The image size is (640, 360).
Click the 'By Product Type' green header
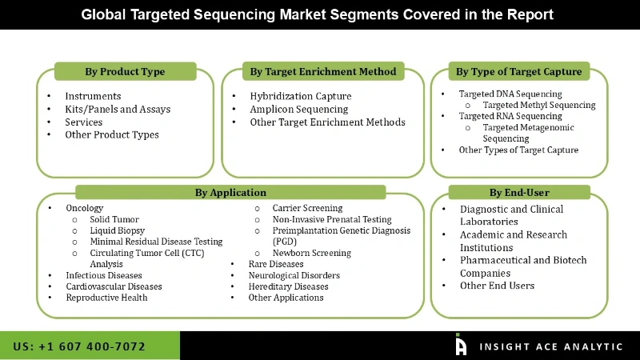point(125,72)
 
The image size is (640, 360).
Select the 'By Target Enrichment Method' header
point(322,72)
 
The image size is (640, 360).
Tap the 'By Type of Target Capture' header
point(519,72)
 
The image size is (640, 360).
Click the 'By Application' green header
point(230,192)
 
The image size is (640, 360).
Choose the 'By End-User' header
point(519,192)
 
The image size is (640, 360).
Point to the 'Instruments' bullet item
point(94,96)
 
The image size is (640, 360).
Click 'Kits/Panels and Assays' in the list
point(118,109)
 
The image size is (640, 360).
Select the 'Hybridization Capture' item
point(301,96)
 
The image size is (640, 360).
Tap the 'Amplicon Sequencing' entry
point(299,109)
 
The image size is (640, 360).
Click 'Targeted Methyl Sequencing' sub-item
point(539,105)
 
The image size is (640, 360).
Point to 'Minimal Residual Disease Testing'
point(156,242)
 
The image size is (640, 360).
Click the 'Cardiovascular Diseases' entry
point(114,286)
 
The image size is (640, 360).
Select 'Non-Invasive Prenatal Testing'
point(332,219)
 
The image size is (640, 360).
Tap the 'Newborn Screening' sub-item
point(311,253)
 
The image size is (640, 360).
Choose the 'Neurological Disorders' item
point(294,275)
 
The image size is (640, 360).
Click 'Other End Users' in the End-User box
point(497,286)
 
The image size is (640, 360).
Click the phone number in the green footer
point(80,346)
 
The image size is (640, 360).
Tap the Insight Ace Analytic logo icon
point(461,345)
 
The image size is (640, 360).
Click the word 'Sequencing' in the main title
point(260,14)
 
